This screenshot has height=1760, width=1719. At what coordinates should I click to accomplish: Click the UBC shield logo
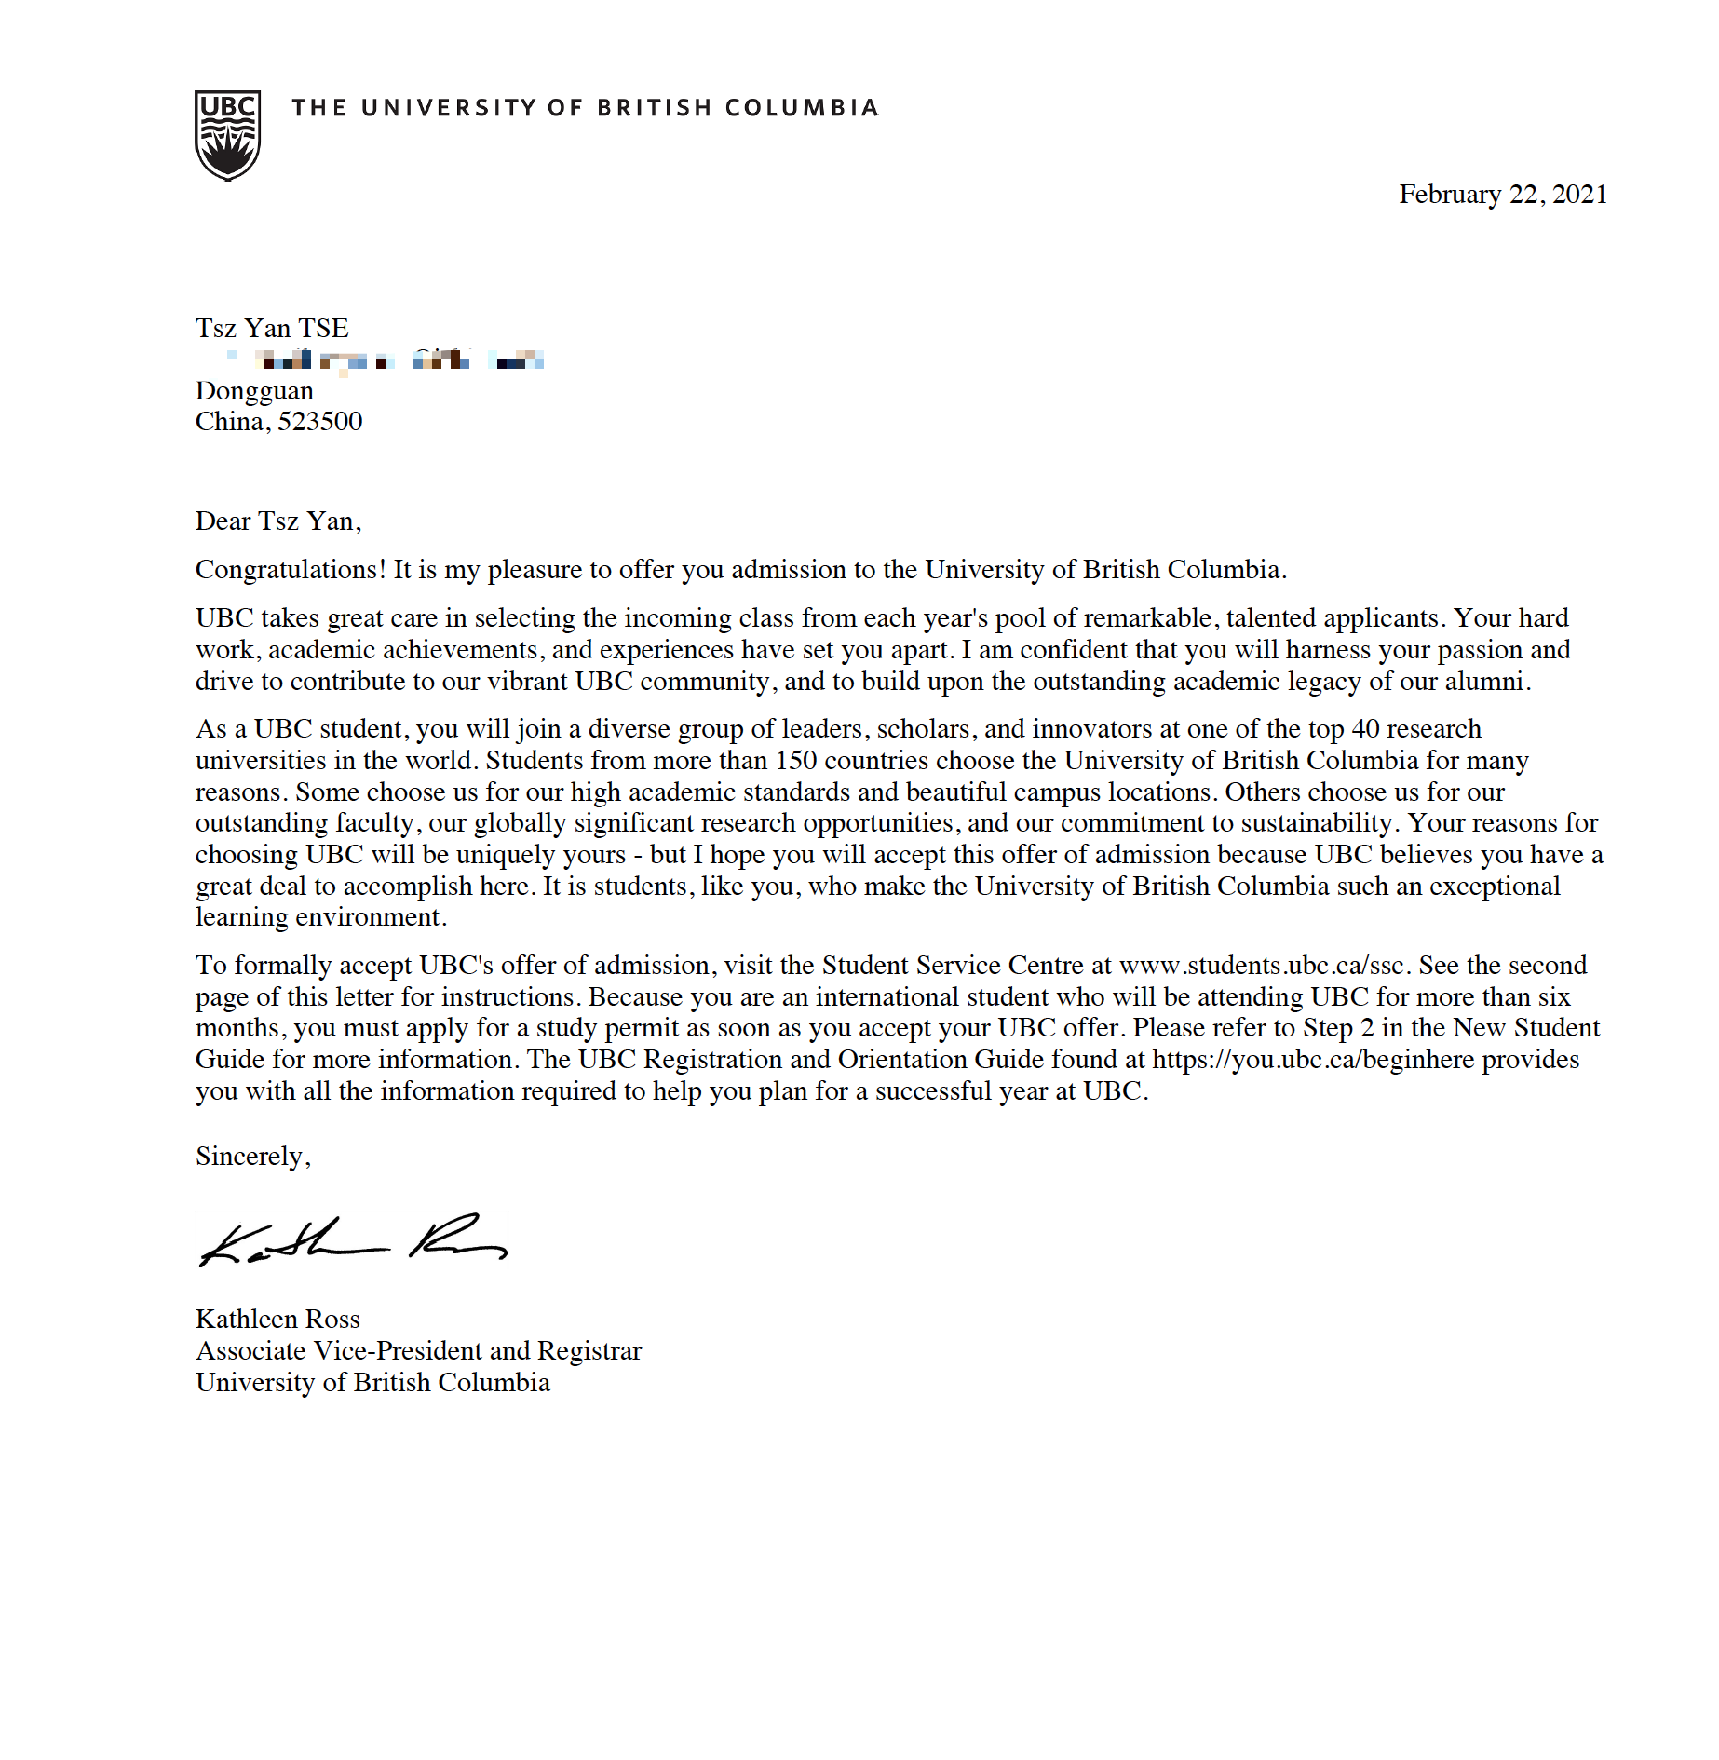[227, 135]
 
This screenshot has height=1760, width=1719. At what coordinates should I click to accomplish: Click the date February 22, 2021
[1502, 195]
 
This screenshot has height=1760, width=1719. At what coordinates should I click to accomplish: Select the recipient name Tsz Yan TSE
[272, 329]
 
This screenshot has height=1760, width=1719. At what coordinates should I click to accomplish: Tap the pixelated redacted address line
[386, 360]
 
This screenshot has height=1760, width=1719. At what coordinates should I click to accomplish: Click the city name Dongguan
[254, 391]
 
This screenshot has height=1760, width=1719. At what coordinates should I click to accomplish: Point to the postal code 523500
[319, 422]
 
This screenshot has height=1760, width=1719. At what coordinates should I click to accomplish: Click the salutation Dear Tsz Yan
[277, 521]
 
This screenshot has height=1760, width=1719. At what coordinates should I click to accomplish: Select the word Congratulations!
[290, 570]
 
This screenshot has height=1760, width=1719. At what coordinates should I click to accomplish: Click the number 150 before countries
[795, 761]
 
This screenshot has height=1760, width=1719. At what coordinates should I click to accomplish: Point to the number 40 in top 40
[1365, 729]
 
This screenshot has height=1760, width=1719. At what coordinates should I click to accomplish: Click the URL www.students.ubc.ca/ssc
[1261, 966]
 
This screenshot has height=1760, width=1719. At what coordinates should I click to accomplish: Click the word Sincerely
[251, 1157]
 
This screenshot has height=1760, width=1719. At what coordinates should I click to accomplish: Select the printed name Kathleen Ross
[277, 1320]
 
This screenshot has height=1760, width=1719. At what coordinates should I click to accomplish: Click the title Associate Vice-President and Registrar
[418, 1351]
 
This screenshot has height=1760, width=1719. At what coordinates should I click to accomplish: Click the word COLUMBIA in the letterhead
[802, 108]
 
